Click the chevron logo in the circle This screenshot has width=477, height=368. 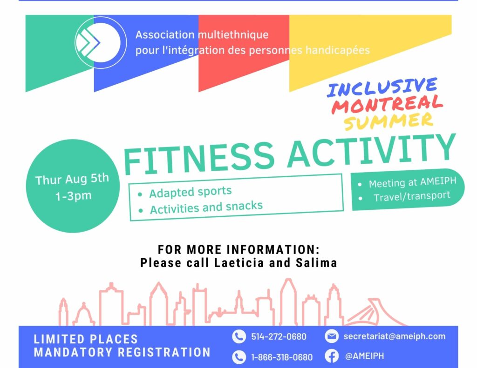click(x=88, y=42)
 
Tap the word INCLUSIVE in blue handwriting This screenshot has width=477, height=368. click(x=382, y=87)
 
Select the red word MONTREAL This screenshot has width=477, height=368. click(x=387, y=104)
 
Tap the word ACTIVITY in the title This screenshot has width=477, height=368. click(x=372, y=151)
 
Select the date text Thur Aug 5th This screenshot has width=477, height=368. click(x=72, y=179)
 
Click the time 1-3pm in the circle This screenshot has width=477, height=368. click(x=73, y=196)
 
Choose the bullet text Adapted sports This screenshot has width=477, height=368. click(x=191, y=192)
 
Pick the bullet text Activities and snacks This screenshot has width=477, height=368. click(x=206, y=207)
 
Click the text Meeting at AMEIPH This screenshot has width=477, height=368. click(x=413, y=182)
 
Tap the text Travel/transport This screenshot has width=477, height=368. click(x=412, y=197)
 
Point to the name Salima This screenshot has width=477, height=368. click(x=316, y=262)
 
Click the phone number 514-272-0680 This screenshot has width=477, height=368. click(x=279, y=337)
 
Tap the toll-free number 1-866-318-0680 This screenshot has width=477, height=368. click(x=282, y=357)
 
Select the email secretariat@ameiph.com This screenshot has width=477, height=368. click(x=395, y=336)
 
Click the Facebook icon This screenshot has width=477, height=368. click(x=332, y=356)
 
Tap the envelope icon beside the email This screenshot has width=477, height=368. click(x=332, y=336)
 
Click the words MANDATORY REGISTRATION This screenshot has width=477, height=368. click(x=122, y=352)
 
